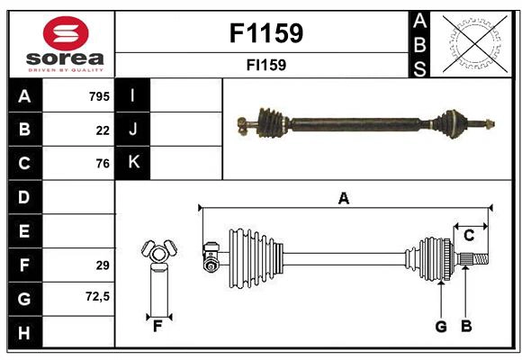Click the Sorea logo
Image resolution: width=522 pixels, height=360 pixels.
coord(61,43)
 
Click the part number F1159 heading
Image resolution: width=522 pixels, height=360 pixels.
coord(266,33)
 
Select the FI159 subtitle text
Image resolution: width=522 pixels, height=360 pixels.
coord(266,65)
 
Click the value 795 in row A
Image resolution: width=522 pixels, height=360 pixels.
coord(99,96)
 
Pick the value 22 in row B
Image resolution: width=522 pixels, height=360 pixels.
coord(103,130)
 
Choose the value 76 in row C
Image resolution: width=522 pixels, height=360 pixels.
coord(103,164)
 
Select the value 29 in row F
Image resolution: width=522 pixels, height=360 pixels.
coord(103,265)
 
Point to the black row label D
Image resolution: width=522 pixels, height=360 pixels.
coord(23,197)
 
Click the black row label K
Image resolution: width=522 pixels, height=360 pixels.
coord(133,163)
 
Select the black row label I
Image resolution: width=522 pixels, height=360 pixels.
coord(133,95)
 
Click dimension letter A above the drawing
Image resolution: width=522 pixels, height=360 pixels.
coord(343,198)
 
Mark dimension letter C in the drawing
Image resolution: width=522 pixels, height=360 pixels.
coord(469,235)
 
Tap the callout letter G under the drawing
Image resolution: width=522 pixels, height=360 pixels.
coord(441,326)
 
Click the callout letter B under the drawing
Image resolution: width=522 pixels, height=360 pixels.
coord(466,326)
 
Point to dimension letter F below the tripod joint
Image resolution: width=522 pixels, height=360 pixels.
coord(157,326)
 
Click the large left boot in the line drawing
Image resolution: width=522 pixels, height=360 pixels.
coord(251,256)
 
